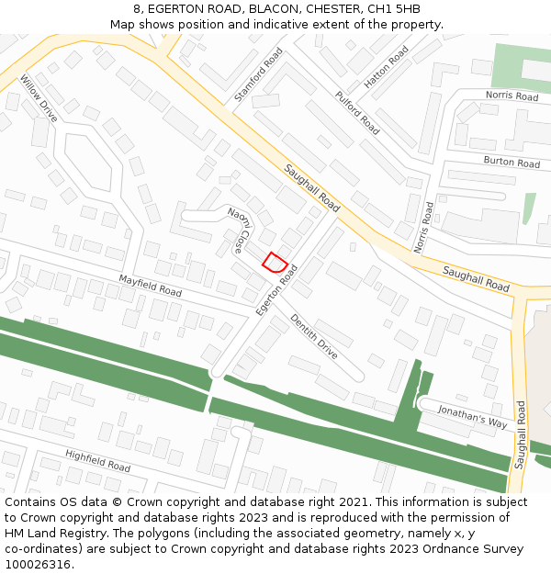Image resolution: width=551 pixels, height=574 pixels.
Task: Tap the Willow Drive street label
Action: click(38, 98)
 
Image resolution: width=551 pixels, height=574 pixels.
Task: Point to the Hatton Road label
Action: click(386, 67)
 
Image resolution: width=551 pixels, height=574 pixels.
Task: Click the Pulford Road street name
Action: click(356, 112)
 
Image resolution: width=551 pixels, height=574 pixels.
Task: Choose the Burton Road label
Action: click(512, 163)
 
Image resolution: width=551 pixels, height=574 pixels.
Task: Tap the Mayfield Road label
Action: click(150, 285)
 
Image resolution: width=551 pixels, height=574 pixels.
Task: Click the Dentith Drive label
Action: click(314, 336)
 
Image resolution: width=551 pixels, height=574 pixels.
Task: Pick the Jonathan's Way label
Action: click(472, 416)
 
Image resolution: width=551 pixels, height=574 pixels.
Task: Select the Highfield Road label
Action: click(97, 460)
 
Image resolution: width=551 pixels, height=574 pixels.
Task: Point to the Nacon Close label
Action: click(246, 230)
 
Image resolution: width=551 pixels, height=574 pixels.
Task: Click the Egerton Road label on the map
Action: click(277, 291)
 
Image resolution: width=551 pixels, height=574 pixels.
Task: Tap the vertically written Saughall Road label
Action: click(521, 434)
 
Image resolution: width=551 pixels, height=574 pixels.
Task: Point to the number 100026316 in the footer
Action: click(39, 564)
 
